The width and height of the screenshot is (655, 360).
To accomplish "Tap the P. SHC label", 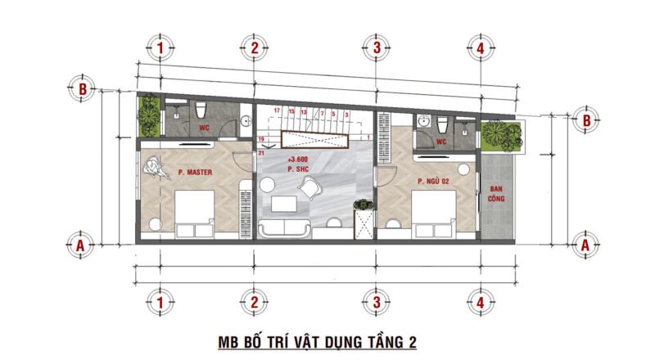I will [296, 169].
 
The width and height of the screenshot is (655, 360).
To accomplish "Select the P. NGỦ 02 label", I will [435, 181].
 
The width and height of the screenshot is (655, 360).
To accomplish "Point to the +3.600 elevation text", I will [296, 160].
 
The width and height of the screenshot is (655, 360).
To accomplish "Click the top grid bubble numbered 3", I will [376, 48].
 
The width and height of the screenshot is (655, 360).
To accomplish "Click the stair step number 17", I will [278, 110].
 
